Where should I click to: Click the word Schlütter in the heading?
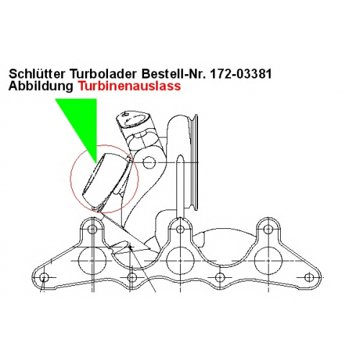coord(37,74)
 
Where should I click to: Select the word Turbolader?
coord(104,74)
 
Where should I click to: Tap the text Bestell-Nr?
coord(174,74)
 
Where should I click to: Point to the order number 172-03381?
coord(240,74)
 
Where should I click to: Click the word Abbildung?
coord(40,86)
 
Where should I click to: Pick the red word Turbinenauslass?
coord(130,86)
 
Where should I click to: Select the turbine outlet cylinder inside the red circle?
coord(106,179)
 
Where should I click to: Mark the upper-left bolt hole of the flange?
coord(92,229)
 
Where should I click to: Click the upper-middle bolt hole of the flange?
coord(180,229)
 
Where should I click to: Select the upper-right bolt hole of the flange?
coord(268,229)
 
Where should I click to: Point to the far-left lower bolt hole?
coord(44,278)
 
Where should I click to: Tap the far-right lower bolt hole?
coord(309,278)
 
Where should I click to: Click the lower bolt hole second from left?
coord(132,278)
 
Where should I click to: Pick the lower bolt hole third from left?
coord(220,278)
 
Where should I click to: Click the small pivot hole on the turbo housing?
coord(149,163)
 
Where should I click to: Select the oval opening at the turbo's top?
coord(137,120)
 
